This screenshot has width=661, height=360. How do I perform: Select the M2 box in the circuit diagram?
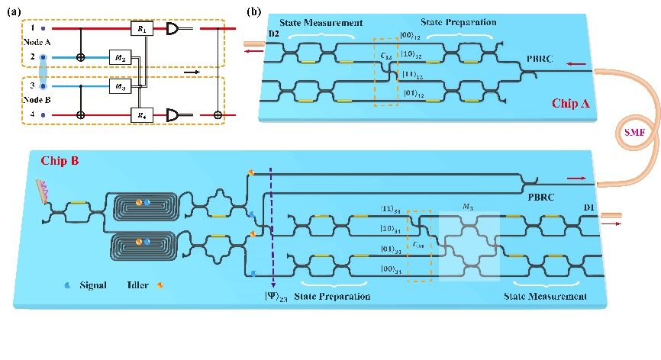tap(121, 57)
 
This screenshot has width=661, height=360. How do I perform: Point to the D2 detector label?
tap(253, 33)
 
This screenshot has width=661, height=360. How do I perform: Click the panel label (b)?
tap(255, 11)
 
